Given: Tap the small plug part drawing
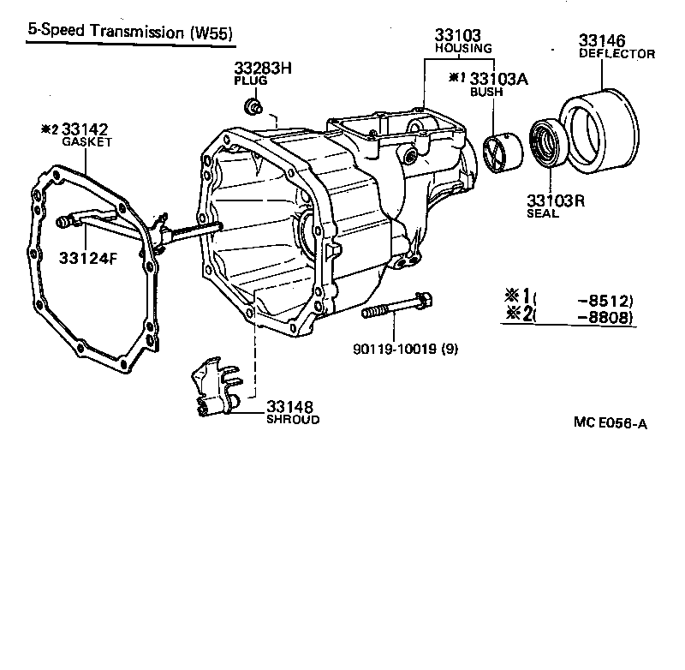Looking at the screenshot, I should [253, 107].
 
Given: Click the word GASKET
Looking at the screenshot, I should [86, 141].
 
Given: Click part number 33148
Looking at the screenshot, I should [289, 406].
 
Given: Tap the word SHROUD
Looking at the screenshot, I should [292, 420].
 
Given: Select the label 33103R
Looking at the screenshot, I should [555, 201].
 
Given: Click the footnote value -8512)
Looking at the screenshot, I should [605, 300].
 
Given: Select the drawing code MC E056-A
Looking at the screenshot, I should [611, 422].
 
